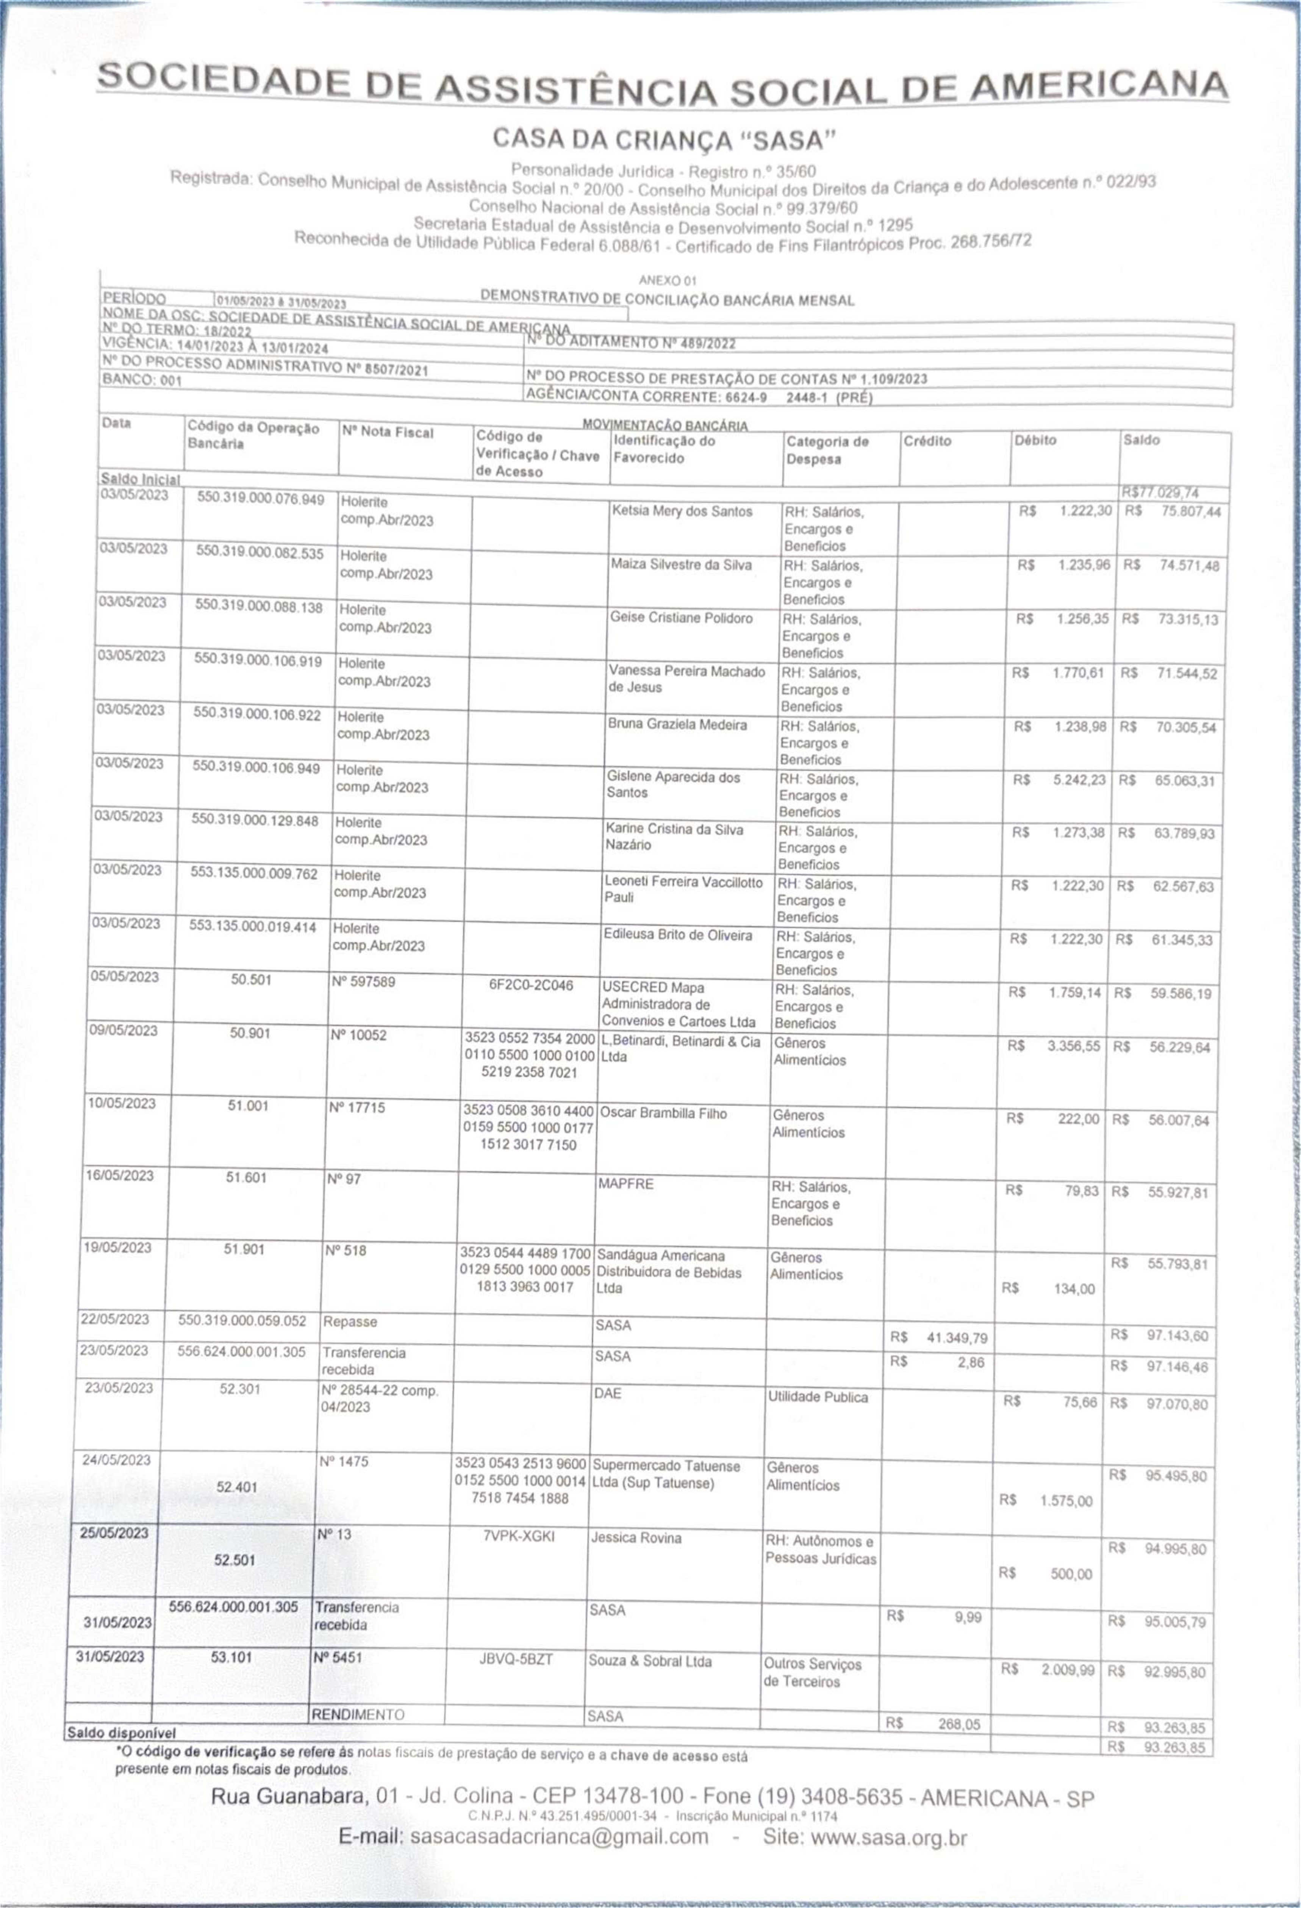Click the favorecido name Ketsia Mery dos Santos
coord(681,511)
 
